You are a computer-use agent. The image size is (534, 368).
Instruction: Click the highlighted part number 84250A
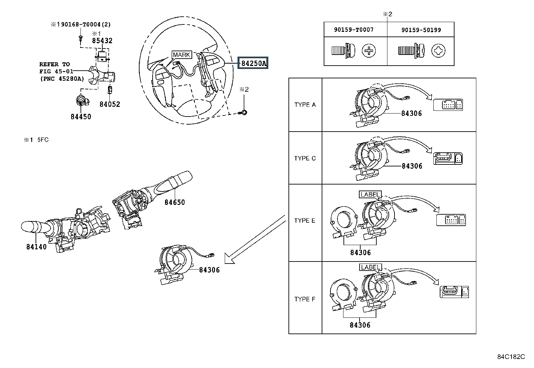253,63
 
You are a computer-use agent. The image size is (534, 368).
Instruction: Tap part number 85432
102,41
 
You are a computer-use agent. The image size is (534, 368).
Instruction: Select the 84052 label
110,104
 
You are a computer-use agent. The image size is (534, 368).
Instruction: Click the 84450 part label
81,117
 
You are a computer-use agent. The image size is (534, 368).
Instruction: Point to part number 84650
175,202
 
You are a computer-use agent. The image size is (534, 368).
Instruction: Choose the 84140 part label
37,247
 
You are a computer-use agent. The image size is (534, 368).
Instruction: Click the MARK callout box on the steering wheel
182,55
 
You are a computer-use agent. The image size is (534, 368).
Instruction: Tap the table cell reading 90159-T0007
354,30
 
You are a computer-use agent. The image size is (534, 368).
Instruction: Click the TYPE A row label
305,105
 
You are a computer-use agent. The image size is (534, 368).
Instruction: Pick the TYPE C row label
305,158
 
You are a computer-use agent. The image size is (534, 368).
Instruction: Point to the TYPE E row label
305,220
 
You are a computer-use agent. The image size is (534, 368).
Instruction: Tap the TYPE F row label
305,299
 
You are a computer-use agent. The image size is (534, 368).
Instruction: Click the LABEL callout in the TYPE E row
370,195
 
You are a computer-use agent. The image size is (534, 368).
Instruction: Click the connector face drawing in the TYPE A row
448,105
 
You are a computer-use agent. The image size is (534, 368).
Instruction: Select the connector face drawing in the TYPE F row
455,292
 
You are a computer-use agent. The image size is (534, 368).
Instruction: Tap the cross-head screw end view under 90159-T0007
369,51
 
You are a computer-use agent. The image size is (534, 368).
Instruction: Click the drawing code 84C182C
511,357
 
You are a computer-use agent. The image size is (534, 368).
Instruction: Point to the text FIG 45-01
56,71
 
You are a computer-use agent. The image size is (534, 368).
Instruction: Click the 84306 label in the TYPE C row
412,166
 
